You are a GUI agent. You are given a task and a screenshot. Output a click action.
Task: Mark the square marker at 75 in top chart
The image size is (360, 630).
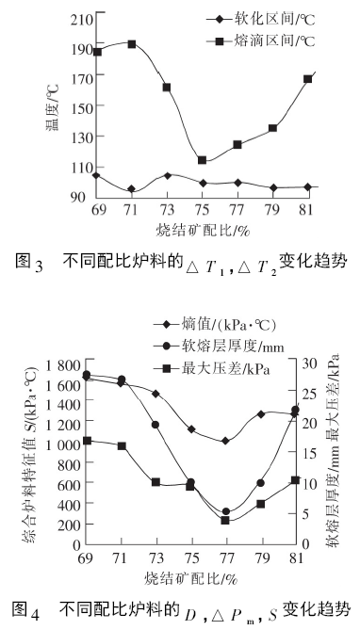tap(202, 160)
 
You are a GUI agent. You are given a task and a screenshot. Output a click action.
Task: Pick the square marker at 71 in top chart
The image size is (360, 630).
tap(132, 44)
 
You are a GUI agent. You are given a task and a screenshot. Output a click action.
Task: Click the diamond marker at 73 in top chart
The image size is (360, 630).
tap(167, 175)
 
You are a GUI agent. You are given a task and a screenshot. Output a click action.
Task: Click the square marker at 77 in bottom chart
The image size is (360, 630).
tap(226, 520)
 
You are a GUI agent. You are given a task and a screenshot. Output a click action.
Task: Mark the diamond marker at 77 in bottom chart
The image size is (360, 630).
tap(226, 441)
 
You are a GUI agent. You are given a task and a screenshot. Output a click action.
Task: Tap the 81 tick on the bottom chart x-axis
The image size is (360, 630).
tap(294, 558)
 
